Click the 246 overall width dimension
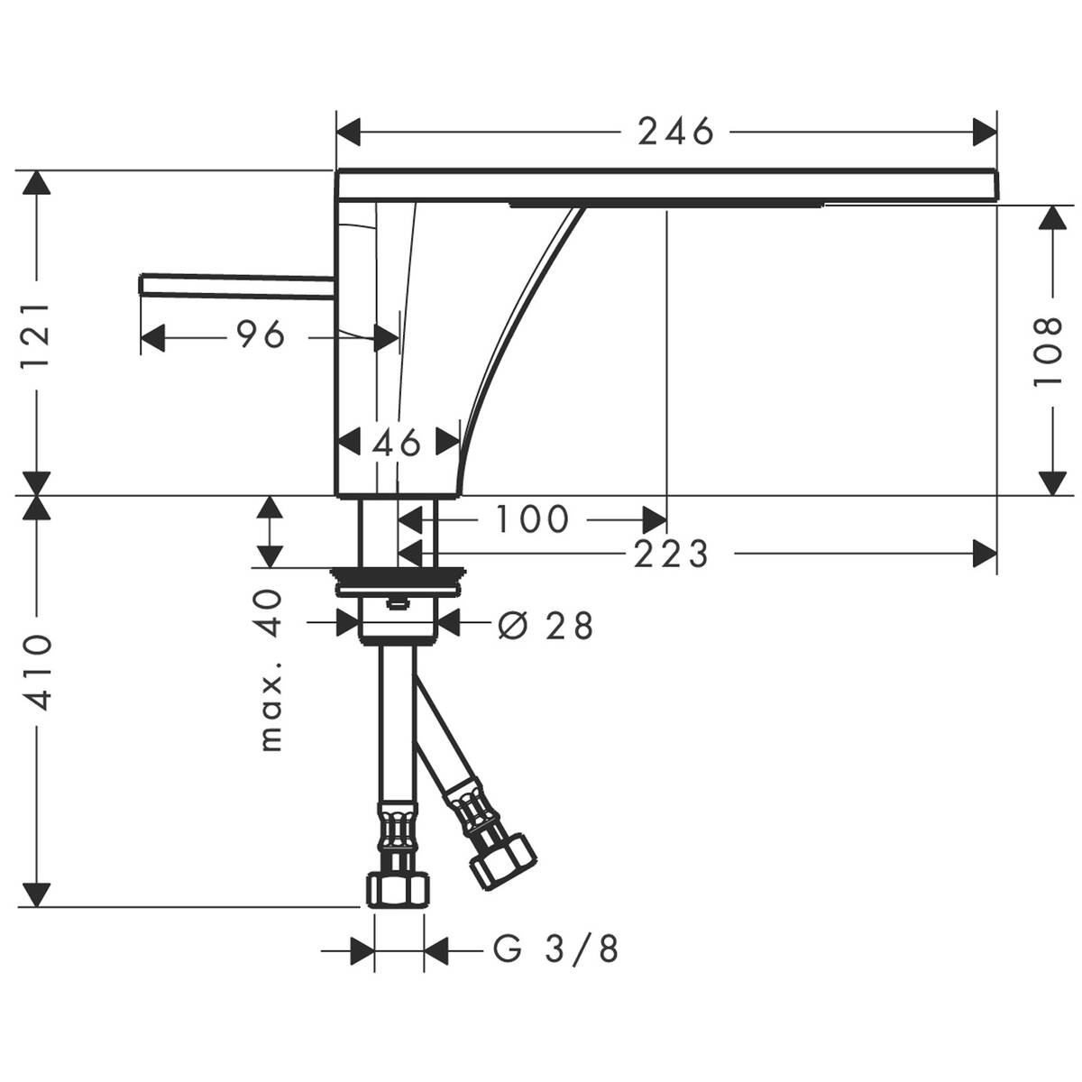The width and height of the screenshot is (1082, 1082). point(675,133)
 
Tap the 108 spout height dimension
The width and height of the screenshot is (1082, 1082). point(1049,352)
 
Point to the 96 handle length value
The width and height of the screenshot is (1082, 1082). point(261,335)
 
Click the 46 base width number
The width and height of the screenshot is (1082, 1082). point(397,443)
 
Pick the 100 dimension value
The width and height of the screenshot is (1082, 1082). point(533,518)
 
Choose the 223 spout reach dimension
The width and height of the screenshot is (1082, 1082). point(671,554)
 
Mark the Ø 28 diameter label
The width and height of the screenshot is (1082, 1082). point(546,624)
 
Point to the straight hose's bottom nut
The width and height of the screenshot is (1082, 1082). point(398,890)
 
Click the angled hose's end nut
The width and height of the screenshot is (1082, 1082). point(501,857)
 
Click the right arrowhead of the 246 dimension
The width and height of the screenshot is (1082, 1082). point(985,133)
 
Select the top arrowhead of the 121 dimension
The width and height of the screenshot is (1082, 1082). point(37,184)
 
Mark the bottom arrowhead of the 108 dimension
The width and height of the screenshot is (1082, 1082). point(1049,482)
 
